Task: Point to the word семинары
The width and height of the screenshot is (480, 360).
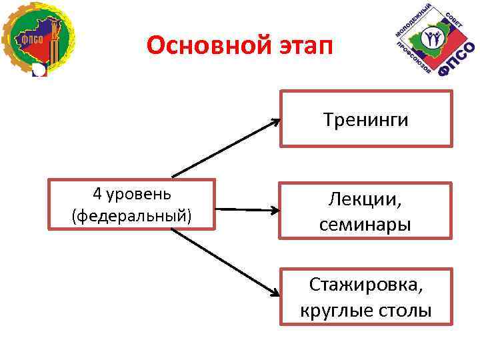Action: point(365,225)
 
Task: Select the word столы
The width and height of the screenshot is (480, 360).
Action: point(403,310)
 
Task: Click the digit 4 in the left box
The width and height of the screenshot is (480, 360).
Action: point(97,194)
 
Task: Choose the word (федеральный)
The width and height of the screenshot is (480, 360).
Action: point(131,216)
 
